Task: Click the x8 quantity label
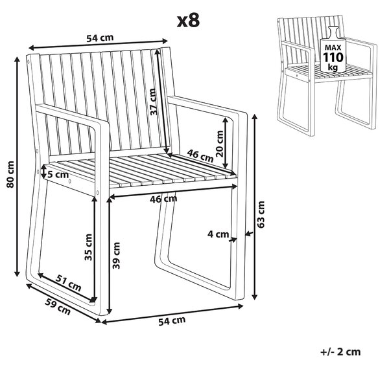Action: coord(188,21)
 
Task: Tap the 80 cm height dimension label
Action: coord(10,174)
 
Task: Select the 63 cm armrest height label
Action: coord(261,214)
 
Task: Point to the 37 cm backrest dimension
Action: coord(154,102)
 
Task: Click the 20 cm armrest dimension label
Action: coord(220,144)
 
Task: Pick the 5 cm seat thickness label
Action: coord(58,175)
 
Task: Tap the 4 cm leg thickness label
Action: coord(218,234)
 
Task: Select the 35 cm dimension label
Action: coord(88,247)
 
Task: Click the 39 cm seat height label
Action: coord(116,255)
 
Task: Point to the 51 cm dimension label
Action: coord(69,282)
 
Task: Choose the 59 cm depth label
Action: coord(58,307)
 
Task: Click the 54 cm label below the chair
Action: coord(172,320)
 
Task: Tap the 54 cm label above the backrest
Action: coord(100,38)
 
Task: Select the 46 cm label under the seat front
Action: coord(163,199)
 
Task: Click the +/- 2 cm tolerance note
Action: coord(340,352)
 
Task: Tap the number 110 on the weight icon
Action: coord(333,58)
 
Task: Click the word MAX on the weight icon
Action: coord(333,47)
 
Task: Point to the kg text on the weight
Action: coord(333,67)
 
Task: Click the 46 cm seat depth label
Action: coord(200,156)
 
